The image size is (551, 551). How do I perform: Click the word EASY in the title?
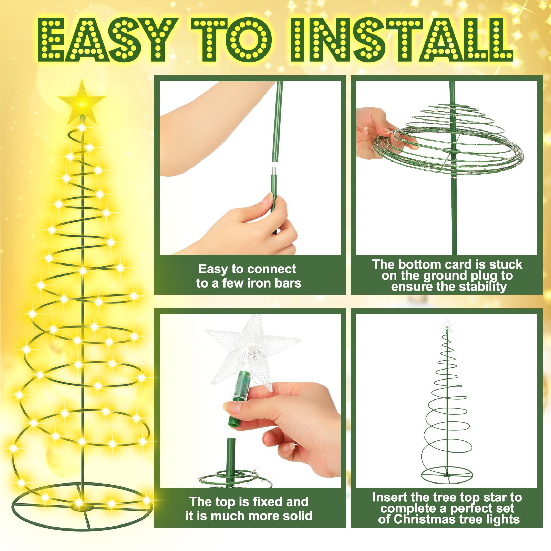tap(105, 40)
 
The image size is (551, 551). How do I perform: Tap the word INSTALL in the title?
tap(402, 40)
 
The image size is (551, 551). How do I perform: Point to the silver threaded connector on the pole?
tap(274, 171)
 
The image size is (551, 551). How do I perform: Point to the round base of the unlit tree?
tap(447, 475)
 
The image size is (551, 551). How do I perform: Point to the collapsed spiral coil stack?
tap(448, 141)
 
